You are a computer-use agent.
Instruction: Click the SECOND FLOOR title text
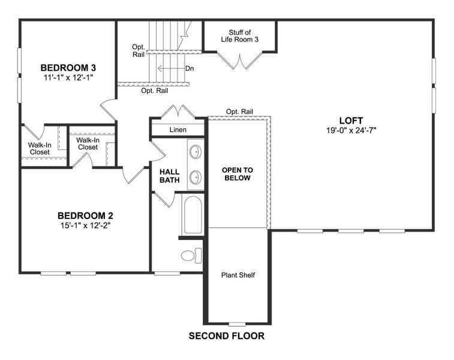(x=226, y=336)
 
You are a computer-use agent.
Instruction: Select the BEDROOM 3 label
(x=68, y=67)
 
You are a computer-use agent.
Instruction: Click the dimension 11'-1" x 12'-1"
(x=68, y=77)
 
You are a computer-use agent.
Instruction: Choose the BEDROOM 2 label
(x=85, y=215)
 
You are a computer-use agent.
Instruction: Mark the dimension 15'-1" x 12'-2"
(x=85, y=226)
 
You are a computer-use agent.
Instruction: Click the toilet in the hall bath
(x=190, y=256)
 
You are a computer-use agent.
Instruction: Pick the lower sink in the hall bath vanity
(x=196, y=177)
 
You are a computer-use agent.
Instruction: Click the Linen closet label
(x=178, y=130)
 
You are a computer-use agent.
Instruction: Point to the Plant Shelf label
(x=238, y=275)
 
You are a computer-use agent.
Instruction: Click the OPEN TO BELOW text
(x=237, y=174)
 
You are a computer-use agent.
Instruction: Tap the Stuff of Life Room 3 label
(x=239, y=36)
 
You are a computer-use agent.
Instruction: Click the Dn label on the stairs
(x=190, y=68)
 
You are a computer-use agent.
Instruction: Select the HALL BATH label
(x=170, y=176)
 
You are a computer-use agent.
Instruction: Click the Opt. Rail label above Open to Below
(x=239, y=112)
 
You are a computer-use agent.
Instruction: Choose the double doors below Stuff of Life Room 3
(x=239, y=61)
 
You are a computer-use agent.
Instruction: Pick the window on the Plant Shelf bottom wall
(x=237, y=324)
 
